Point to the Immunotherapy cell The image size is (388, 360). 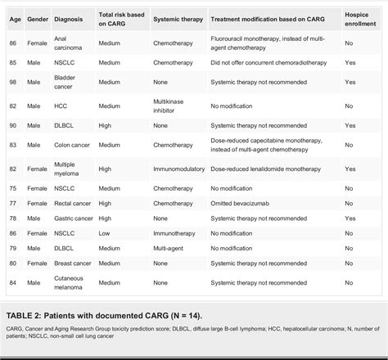point(174,233)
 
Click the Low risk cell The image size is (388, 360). point(106,233)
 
